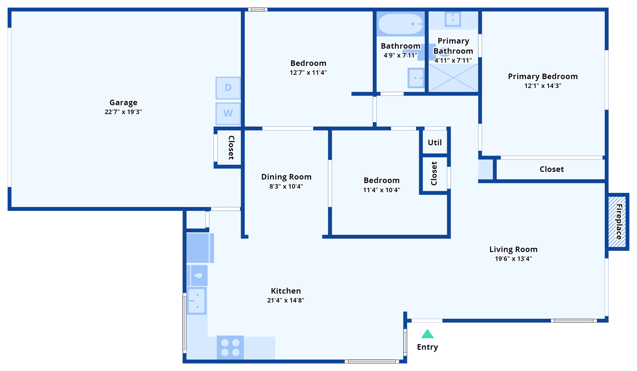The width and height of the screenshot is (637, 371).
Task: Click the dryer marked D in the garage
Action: tap(228, 88)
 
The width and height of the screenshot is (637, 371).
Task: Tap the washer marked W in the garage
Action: tap(228, 113)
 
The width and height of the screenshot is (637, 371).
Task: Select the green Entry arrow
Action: tap(427, 334)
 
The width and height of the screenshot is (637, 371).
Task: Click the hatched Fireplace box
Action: tap(617, 222)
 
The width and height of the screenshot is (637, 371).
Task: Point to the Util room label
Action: tap(435, 143)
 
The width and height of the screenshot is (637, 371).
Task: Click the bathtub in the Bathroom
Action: tap(400, 24)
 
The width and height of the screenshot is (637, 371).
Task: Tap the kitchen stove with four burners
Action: tap(230, 347)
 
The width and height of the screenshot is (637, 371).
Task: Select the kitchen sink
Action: tap(197, 301)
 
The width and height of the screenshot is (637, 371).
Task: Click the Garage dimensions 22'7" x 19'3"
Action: tap(123, 112)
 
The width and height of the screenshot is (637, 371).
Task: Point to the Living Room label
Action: tap(513, 249)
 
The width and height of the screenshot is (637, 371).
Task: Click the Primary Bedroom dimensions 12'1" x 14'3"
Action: tap(543, 86)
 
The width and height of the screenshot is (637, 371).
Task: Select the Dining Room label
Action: tap(286, 177)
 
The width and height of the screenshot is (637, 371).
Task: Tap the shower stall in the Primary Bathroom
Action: tap(453, 78)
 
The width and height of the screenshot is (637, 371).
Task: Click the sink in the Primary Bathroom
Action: tap(453, 19)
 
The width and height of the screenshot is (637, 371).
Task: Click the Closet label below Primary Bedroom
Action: tap(551, 169)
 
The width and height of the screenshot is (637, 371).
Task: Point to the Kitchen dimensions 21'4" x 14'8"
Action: tap(286, 300)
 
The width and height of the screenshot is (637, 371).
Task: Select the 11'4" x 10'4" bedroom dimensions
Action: tap(381, 190)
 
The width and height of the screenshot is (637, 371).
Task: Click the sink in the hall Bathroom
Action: tap(416, 78)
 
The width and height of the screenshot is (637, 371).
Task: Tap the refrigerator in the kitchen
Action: tap(199, 248)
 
